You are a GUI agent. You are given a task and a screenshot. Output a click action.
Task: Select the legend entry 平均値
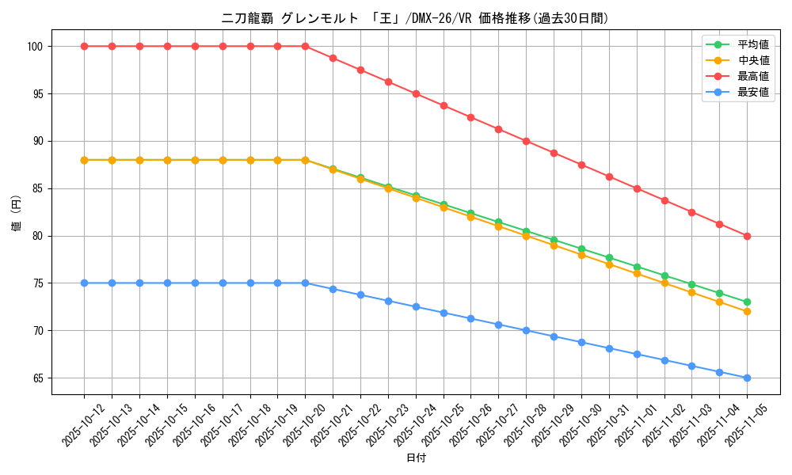pos(752,44)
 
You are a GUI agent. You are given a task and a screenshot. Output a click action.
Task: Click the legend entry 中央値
pos(752,60)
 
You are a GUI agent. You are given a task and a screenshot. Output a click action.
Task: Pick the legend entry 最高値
pos(752,76)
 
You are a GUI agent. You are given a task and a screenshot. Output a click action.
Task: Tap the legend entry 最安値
pos(752,92)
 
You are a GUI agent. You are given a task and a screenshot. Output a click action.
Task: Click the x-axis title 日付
pos(416,458)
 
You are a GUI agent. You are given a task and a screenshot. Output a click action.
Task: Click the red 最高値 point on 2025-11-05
pos(747,236)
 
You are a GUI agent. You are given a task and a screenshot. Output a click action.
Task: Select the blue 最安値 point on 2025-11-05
pos(747,378)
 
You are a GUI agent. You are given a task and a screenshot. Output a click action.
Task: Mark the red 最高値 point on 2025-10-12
pos(84,46)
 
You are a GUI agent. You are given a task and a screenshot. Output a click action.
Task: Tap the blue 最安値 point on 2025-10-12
pos(84,283)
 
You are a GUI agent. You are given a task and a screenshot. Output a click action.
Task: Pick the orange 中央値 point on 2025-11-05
pos(747,311)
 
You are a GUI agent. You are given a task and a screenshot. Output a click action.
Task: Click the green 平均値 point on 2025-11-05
pos(747,302)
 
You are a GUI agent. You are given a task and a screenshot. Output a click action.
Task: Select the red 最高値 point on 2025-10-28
pos(526,141)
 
